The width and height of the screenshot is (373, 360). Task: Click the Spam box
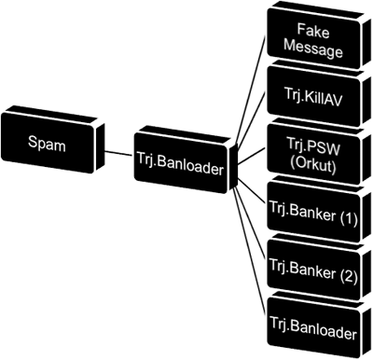[52, 140]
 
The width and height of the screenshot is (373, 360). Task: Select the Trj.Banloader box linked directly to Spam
[186, 160]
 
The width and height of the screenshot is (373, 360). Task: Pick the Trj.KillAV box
[314, 93]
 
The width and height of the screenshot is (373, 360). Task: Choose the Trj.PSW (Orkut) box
[314, 151]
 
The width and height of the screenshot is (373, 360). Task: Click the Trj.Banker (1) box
[314, 209]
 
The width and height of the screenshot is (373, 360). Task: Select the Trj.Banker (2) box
[314, 267]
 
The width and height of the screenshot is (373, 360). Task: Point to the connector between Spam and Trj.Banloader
[118, 154]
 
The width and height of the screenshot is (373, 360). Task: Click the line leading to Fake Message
[250, 90]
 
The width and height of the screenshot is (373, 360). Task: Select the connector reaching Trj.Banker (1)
[251, 194]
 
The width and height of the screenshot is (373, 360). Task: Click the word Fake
[313, 31]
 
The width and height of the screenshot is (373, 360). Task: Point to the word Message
[313, 49]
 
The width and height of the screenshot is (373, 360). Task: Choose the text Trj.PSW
[313, 148]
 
